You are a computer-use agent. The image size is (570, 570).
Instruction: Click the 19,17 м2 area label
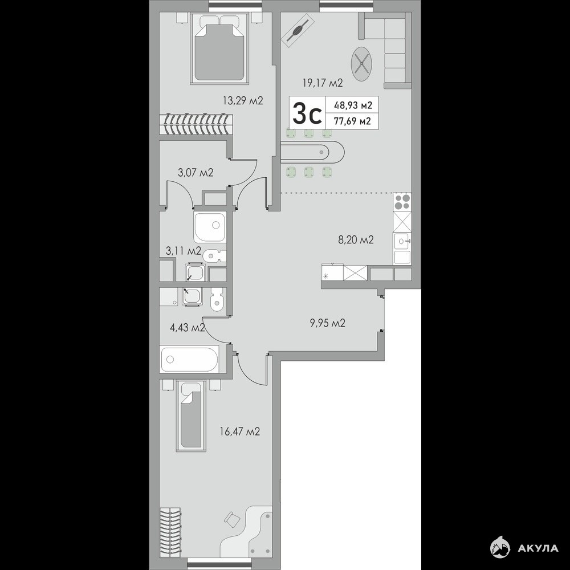(x=323, y=83)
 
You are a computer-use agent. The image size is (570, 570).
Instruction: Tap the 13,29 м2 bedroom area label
(x=243, y=101)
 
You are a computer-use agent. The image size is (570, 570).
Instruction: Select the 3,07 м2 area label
(x=196, y=173)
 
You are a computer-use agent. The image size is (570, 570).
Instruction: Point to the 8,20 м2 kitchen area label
(x=356, y=240)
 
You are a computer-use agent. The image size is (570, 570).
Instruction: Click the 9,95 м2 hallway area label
(x=328, y=323)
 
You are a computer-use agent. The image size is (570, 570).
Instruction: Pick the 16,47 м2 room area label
(x=240, y=432)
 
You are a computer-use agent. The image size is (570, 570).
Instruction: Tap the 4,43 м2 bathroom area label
(x=188, y=328)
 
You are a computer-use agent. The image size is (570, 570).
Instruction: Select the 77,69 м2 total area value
(x=353, y=121)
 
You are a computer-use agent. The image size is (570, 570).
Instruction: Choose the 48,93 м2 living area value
(x=353, y=105)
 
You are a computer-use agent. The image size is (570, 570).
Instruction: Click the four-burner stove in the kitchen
(x=402, y=202)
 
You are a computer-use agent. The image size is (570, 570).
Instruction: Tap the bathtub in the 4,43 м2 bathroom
(x=189, y=359)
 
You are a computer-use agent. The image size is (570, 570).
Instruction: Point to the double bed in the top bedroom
(x=219, y=48)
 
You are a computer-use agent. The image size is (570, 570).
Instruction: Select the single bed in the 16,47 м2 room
(x=191, y=416)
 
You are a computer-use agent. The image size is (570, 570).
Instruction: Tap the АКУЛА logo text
(x=538, y=548)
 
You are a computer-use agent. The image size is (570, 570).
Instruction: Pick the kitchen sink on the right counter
(x=402, y=241)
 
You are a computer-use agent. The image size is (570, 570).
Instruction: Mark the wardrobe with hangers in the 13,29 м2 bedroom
(x=196, y=125)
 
